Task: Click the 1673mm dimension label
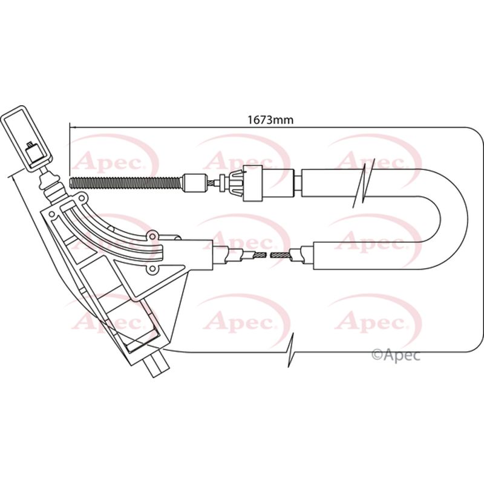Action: point(270,120)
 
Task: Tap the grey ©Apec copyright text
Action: point(394,355)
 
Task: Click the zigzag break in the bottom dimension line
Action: point(292,350)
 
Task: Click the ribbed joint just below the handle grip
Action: point(48,181)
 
